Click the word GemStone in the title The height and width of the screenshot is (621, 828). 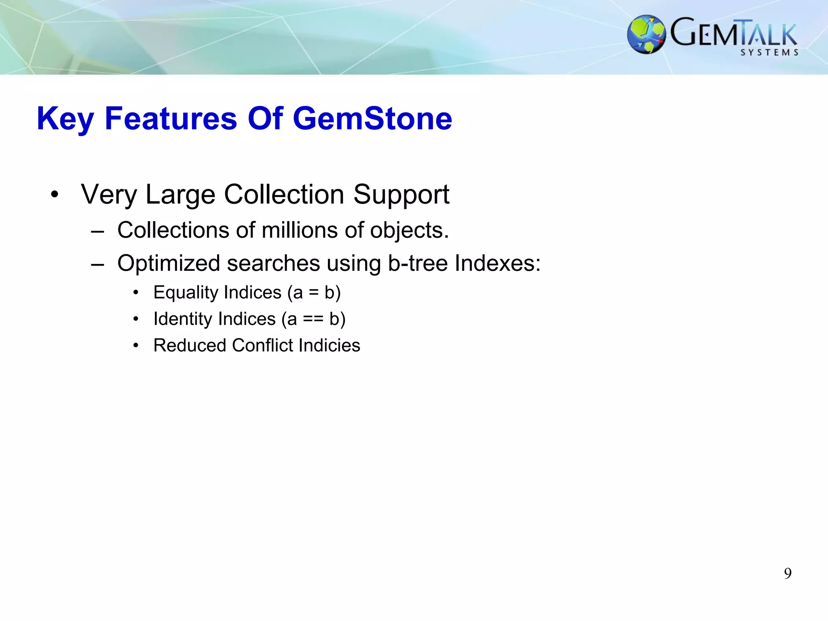(372, 118)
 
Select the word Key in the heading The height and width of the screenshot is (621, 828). (65, 118)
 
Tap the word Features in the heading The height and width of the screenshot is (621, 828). (171, 118)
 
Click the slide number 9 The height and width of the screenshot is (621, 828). (788, 573)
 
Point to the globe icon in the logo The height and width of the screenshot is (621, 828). (646, 34)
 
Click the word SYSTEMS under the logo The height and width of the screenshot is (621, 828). (769, 53)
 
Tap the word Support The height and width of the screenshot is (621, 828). (401, 194)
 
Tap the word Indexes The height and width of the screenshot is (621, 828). (497, 263)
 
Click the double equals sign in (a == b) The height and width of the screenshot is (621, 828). (313, 319)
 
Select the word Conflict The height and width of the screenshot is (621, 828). (262, 345)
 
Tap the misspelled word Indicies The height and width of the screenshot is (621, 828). (329, 345)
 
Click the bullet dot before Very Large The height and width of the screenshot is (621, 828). (55, 194)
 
